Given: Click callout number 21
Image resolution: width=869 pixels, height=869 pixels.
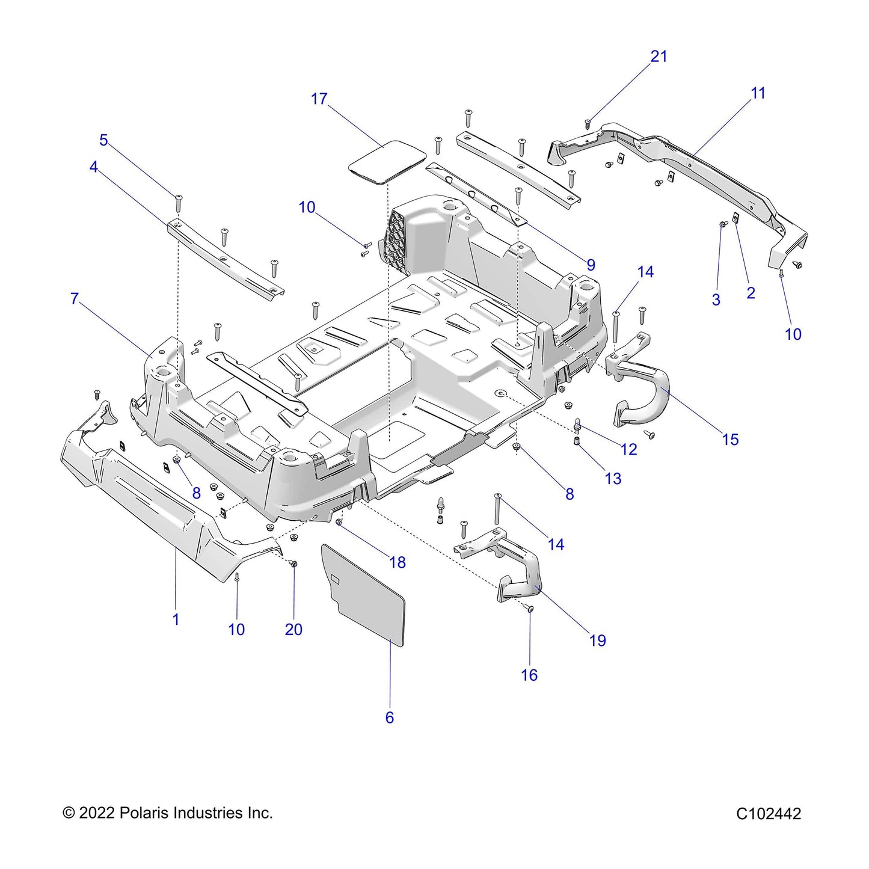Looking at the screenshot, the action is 659,57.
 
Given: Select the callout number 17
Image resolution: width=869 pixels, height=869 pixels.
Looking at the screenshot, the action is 319,99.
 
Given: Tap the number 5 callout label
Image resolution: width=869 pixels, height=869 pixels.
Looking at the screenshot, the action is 103,140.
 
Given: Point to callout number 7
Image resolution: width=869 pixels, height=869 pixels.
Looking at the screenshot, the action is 75,298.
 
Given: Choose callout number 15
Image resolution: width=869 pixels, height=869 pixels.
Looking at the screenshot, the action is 731,439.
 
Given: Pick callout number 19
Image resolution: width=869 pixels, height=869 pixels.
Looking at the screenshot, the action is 598,640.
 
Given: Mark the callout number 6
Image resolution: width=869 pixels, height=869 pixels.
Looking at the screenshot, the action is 390,717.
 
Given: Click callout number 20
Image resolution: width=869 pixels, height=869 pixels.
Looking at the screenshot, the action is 293,629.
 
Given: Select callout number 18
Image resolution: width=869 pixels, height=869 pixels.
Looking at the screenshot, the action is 398,562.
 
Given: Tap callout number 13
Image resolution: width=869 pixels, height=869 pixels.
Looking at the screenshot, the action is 613,479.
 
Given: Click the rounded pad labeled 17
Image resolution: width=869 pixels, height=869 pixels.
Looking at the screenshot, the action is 387,161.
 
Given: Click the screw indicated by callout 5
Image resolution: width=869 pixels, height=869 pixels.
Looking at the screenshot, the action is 178,203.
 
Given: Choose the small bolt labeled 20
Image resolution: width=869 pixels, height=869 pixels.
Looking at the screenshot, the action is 294,563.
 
